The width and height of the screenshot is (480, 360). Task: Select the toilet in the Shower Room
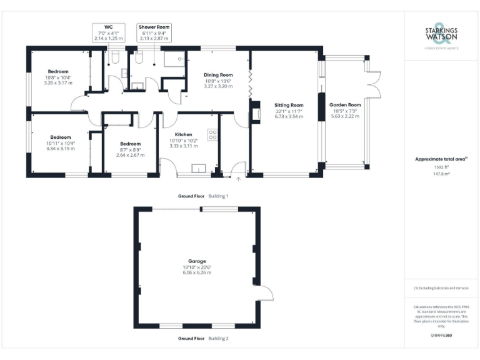click(139, 57)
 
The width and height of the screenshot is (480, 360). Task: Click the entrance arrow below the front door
click(238, 181)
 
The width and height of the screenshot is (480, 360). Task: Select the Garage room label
click(197, 261)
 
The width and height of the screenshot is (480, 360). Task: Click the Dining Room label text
click(218, 75)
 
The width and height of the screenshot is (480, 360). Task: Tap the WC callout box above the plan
click(109, 32)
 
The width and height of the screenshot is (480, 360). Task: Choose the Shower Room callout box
click(154, 32)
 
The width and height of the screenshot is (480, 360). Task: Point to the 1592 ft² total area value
click(441, 167)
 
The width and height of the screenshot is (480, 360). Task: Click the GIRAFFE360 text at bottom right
click(441, 336)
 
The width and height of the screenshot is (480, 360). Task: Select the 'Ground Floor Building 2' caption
click(203, 338)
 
